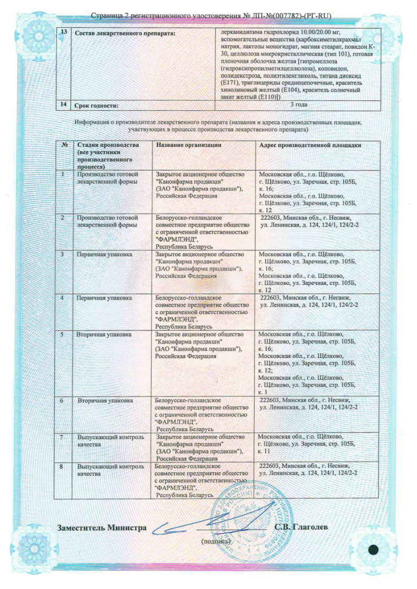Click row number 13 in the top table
64,33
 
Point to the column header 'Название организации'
189,145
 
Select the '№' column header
64,145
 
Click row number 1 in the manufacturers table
64,174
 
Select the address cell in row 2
309,221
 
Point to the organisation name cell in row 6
202,414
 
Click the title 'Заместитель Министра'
101,527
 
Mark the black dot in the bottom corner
374,550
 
